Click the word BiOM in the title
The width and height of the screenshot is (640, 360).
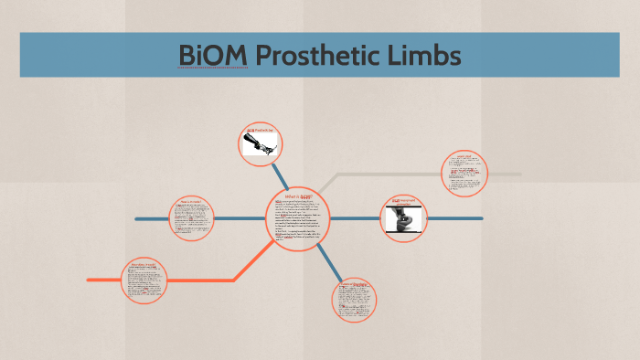(x=212, y=56)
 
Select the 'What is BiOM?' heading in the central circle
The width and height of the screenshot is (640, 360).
(x=300, y=195)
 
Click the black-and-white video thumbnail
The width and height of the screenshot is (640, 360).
(x=403, y=219)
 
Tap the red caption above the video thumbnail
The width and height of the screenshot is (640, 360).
(x=403, y=200)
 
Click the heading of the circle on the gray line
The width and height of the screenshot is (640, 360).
(x=464, y=157)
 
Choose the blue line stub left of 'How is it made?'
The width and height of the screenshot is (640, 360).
(x=151, y=219)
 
